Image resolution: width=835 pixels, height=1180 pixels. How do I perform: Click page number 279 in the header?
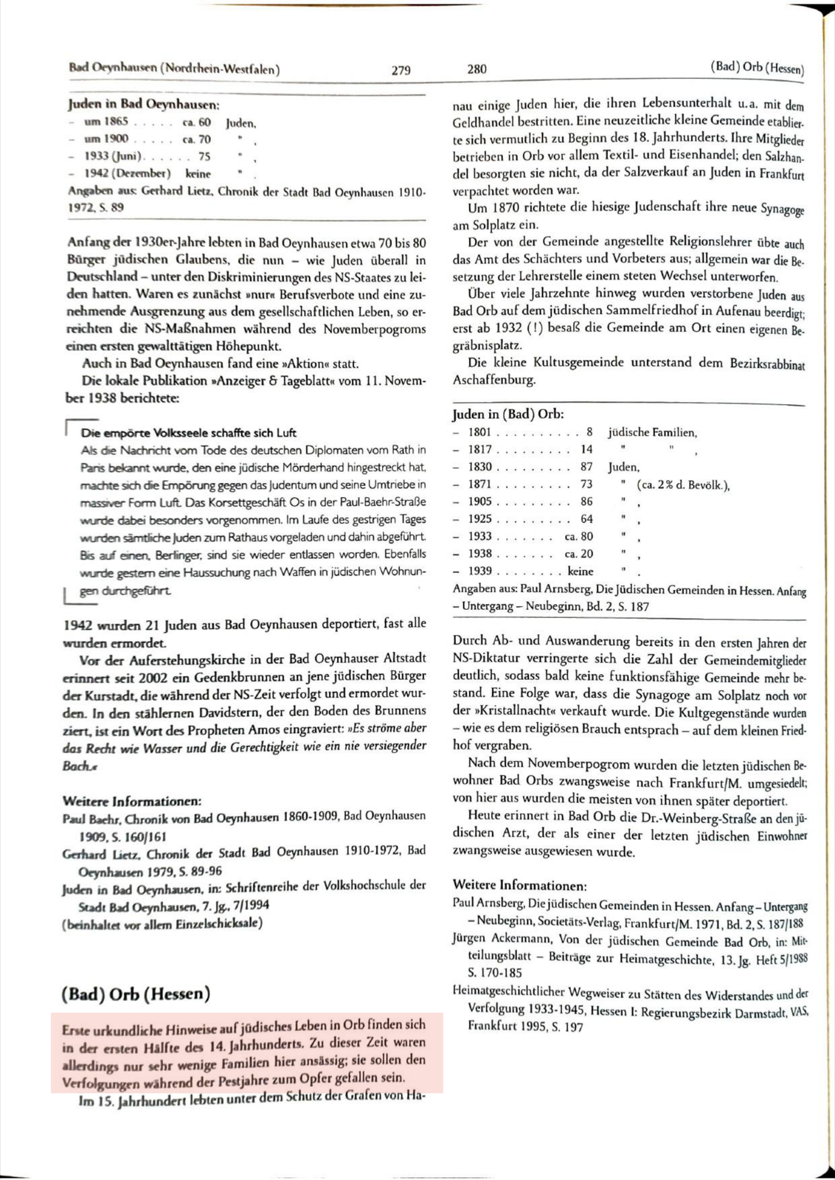point(401,70)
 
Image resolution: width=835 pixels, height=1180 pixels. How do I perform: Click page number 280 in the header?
point(477,69)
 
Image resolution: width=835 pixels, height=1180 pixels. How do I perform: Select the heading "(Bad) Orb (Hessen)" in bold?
point(136,993)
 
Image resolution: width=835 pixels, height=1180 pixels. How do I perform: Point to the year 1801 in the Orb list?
point(479,433)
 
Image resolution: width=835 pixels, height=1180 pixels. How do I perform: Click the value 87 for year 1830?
point(586,467)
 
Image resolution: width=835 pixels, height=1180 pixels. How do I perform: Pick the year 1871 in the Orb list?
point(479,485)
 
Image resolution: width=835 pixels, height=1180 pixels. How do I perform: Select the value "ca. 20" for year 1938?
point(579,554)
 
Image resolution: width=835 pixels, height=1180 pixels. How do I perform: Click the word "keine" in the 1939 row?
point(581,571)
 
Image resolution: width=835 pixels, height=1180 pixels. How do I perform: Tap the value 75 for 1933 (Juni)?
point(204,156)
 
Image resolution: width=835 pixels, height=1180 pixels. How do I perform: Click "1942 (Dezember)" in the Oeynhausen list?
point(128,173)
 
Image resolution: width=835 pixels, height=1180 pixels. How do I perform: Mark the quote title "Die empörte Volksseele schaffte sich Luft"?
point(189,432)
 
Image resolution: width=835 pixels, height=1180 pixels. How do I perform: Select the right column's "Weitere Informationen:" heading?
point(520,885)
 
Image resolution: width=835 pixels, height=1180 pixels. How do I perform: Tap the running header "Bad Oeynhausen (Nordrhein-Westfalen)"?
point(174,69)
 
